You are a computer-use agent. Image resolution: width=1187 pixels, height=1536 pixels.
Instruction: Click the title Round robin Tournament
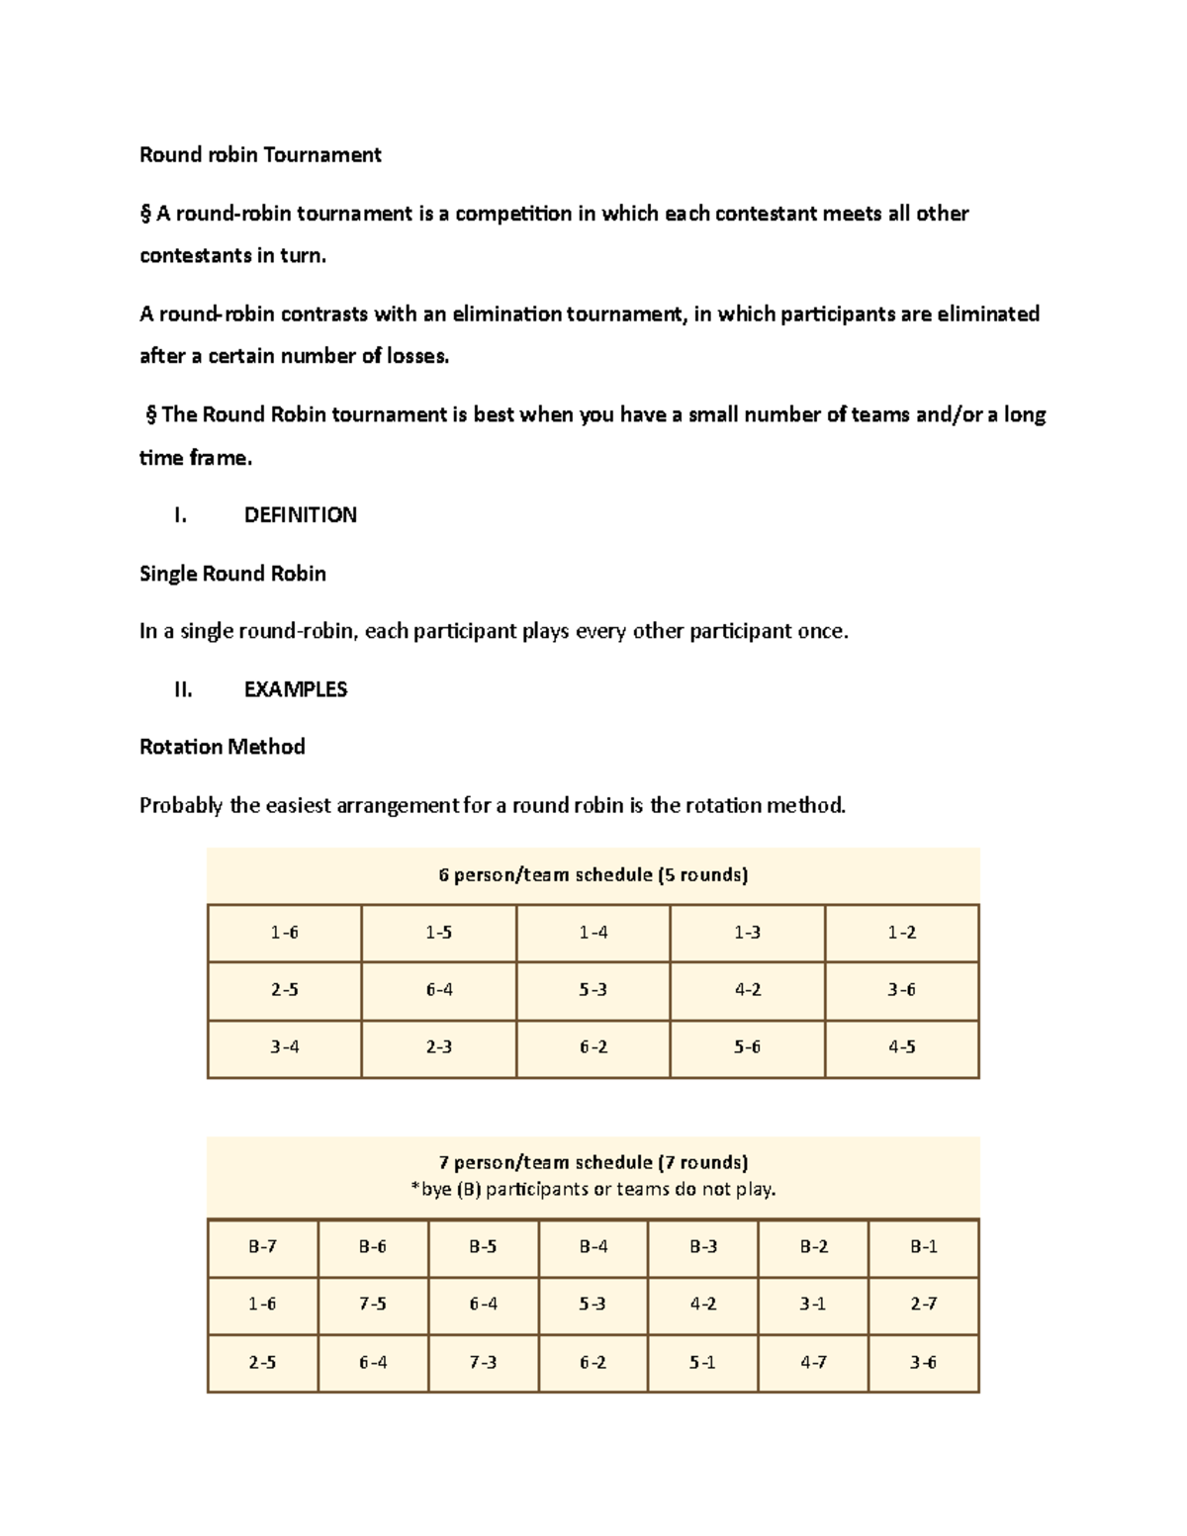coord(260,154)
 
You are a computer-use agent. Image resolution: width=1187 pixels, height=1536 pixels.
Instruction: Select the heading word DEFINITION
coord(300,514)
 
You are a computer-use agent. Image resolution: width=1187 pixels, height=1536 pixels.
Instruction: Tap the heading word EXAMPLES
coord(295,689)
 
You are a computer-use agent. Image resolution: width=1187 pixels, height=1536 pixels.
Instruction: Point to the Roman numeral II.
coord(182,689)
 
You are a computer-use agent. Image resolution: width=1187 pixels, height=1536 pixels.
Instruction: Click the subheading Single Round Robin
coord(232,574)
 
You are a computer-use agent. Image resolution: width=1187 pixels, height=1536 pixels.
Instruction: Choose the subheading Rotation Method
coord(222,747)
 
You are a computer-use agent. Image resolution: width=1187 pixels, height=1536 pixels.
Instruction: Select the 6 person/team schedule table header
coord(593,874)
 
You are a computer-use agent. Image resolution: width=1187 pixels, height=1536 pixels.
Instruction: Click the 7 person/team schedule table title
coord(593,1161)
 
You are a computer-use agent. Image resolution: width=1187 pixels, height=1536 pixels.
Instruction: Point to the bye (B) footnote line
coord(593,1189)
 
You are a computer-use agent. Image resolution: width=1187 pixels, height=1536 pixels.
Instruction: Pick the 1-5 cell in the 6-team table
coord(439,932)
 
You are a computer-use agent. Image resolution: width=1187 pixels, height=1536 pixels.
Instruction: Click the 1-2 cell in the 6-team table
coord(901,932)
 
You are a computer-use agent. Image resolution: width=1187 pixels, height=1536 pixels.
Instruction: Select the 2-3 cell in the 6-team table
coord(439,1046)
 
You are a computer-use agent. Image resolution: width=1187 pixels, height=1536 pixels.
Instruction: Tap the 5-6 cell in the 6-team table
coord(747,1046)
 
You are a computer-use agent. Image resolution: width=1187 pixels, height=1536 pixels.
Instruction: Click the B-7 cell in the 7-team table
coord(262,1246)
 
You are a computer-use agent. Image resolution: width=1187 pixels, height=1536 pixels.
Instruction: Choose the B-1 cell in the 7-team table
coord(923,1246)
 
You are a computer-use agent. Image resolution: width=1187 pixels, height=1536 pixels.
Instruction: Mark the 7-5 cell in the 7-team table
coord(373,1304)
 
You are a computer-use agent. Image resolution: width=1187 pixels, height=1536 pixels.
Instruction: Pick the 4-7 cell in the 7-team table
coord(813,1362)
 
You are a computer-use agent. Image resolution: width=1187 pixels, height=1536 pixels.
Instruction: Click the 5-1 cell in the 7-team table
coord(702,1362)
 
